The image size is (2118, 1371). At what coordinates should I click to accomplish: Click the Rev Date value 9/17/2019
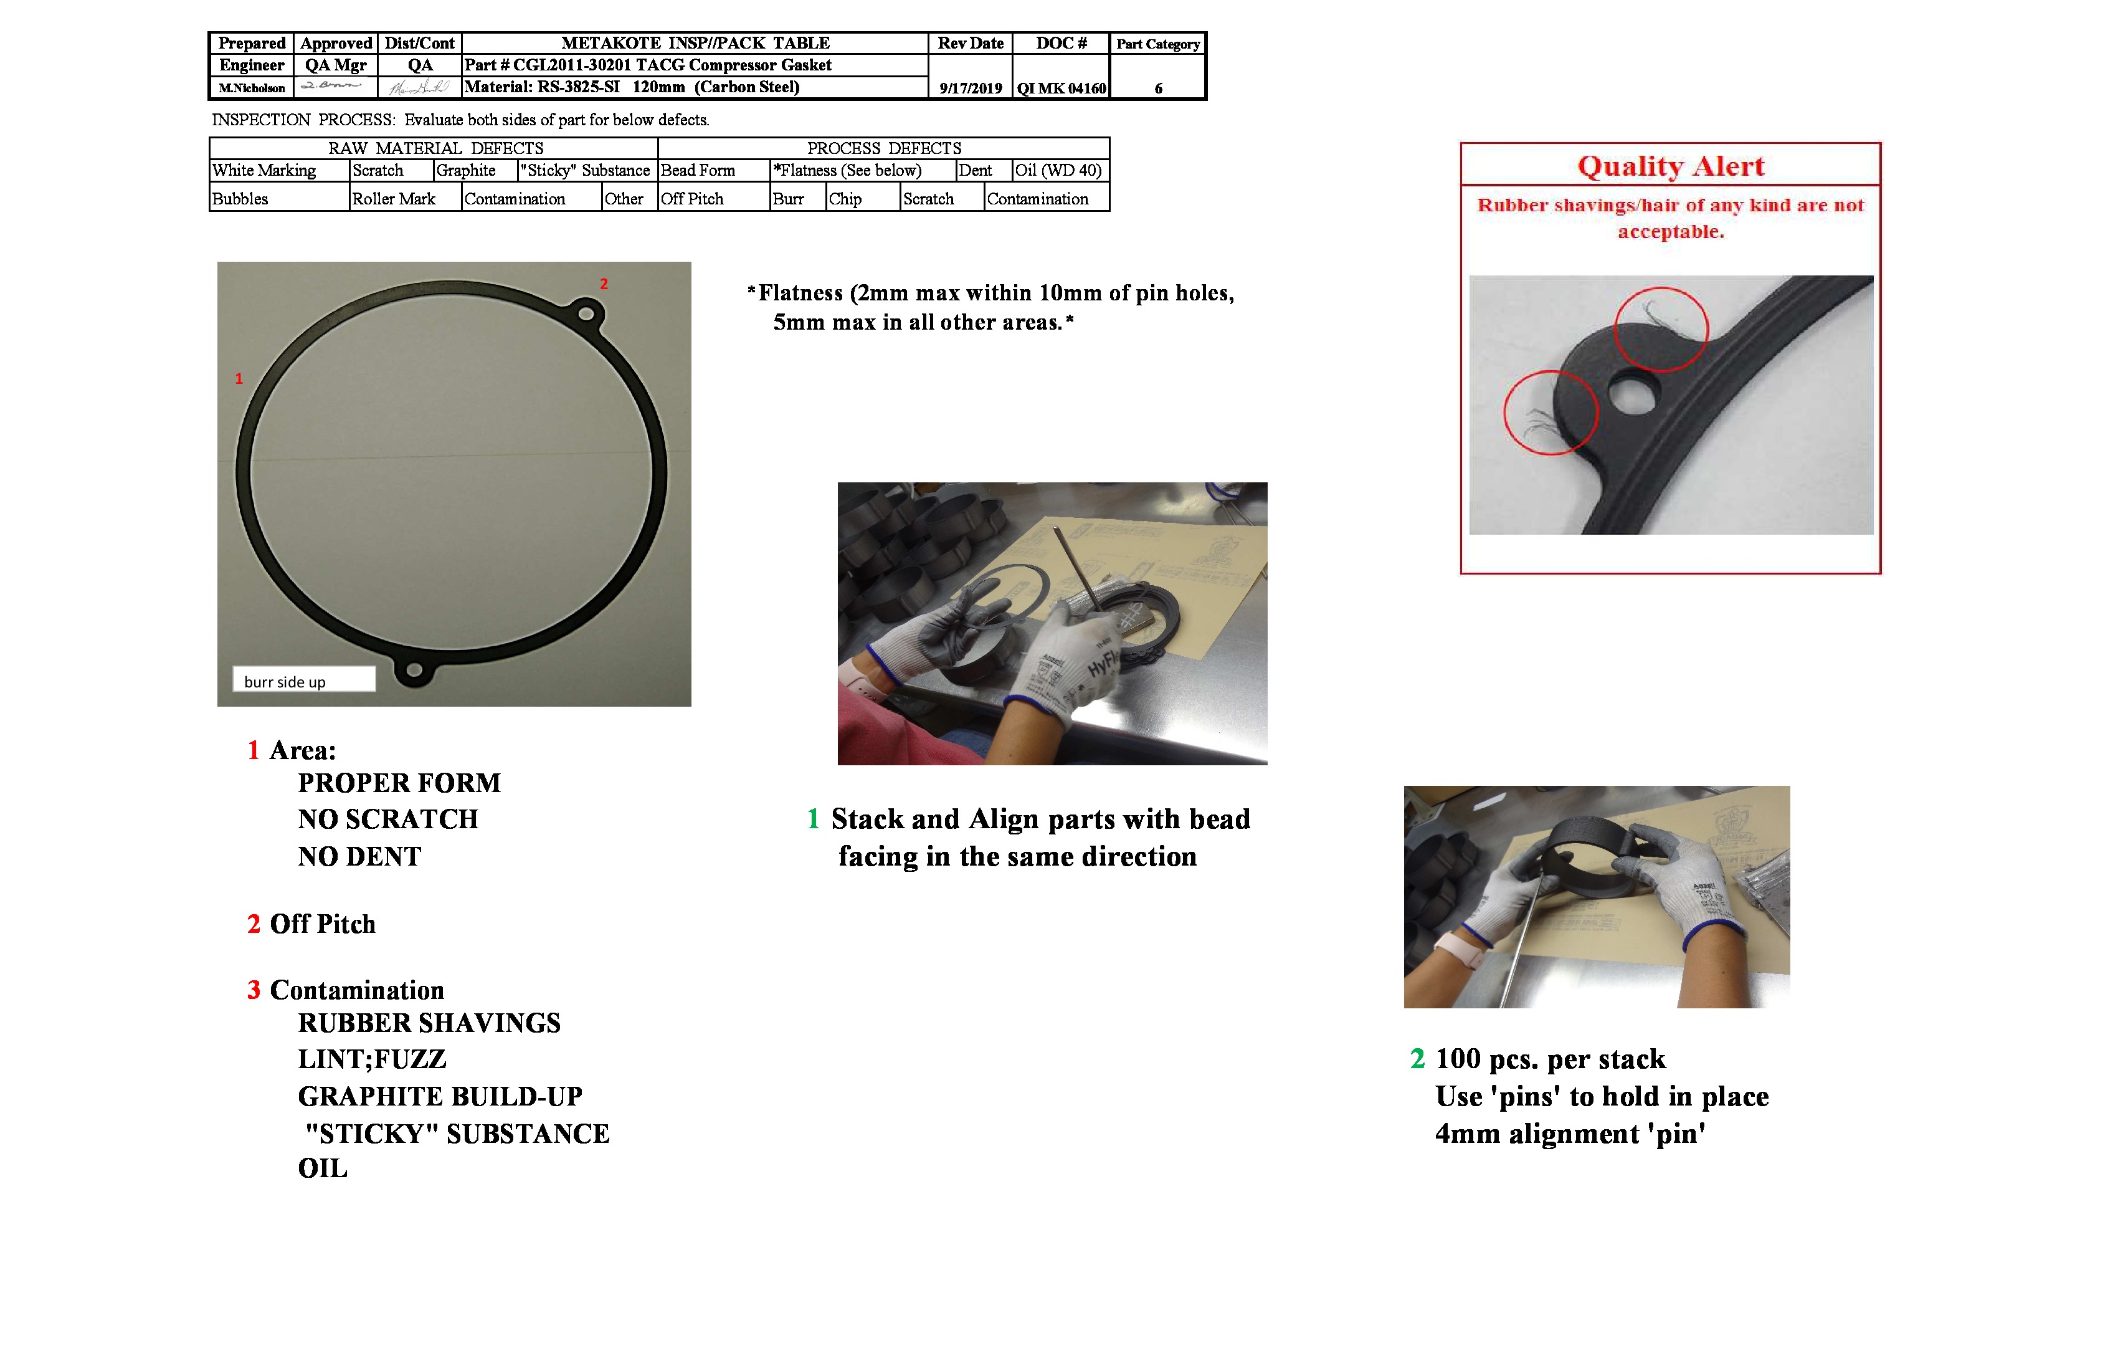click(x=970, y=88)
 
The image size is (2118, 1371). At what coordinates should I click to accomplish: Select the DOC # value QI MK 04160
click(x=1061, y=88)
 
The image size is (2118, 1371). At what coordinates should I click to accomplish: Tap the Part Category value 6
click(x=1158, y=88)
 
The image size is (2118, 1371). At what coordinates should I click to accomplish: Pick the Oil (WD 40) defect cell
click(x=1058, y=170)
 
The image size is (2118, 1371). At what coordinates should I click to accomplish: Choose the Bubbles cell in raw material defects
click(x=240, y=199)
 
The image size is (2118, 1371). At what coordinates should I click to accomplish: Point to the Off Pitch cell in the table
click(x=691, y=199)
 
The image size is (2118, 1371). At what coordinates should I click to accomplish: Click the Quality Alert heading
click(x=1669, y=166)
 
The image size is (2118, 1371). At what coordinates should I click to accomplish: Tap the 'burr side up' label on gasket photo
click(x=285, y=682)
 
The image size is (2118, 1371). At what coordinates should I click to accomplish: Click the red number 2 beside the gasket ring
click(x=604, y=284)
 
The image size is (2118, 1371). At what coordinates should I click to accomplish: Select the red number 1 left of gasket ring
click(x=239, y=378)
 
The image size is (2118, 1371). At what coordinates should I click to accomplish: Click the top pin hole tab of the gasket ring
click(x=586, y=313)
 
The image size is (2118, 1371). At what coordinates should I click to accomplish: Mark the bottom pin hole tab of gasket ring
click(x=413, y=669)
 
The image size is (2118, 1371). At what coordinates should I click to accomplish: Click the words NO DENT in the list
click(x=359, y=856)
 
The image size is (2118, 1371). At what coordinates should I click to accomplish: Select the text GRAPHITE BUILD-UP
click(x=440, y=1096)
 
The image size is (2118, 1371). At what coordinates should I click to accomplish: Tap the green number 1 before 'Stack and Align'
click(x=812, y=819)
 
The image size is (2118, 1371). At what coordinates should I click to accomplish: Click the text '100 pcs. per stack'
click(x=1549, y=1059)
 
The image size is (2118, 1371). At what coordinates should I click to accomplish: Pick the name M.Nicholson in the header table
click(x=252, y=88)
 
